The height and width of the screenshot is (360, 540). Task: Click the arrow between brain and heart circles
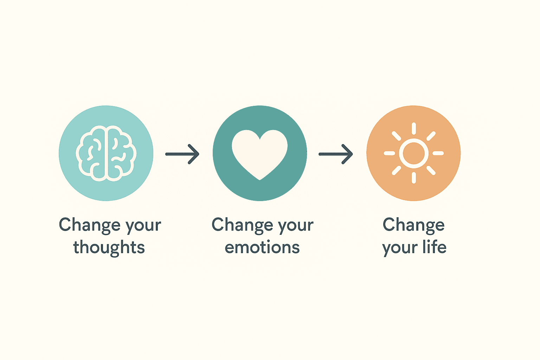(x=182, y=154)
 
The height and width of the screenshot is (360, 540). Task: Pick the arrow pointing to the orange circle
(x=336, y=154)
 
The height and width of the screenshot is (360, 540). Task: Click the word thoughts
(x=109, y=247)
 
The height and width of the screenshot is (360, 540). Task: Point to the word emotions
(x=262, y=247)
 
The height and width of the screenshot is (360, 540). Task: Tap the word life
(x=435, y=247)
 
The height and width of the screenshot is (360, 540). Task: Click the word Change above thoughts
(x=90, y=225)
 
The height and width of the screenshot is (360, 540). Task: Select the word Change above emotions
(x=242, y=225)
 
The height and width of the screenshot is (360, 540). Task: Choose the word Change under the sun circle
(x=414, y=225)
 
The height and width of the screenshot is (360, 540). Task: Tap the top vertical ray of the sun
(x=414, y=128)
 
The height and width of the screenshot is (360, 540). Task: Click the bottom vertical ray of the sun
(x=414, y=178)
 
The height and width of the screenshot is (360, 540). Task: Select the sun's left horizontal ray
(x=389, y=153)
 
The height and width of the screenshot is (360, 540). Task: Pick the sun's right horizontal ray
(x=438, y=153)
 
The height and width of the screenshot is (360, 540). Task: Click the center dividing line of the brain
(x=106, y=153)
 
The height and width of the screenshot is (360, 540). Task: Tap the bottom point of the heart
(x=260, y=180)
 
